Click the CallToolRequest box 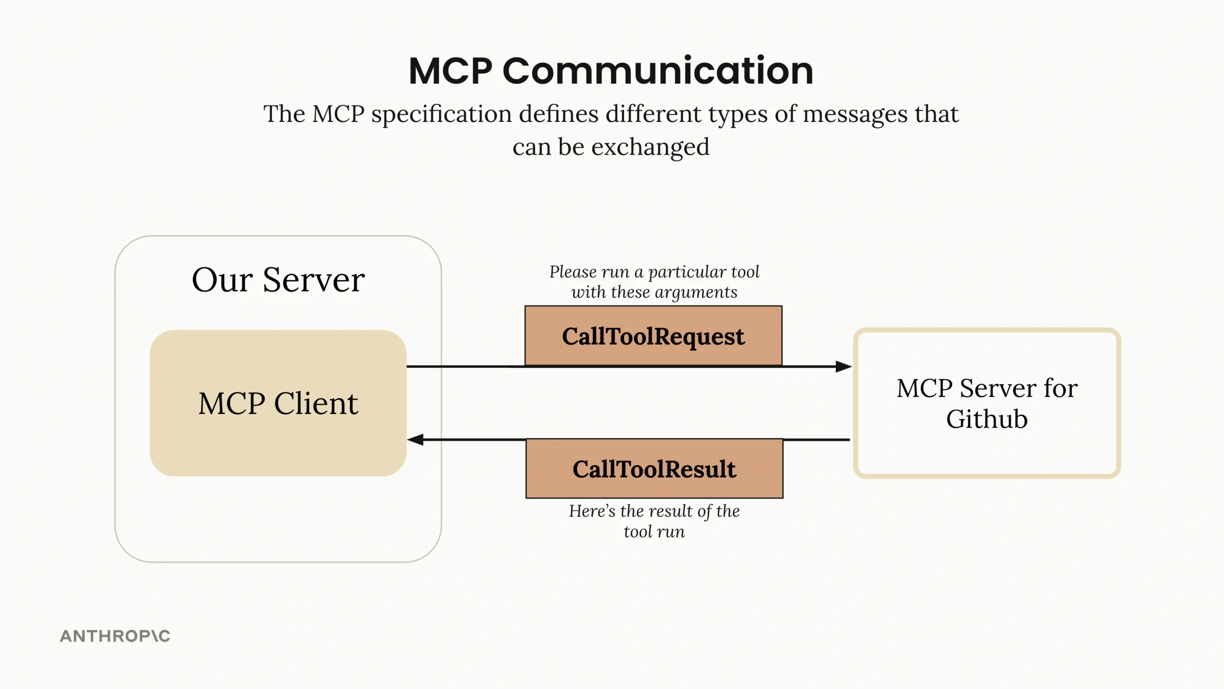point(653,336)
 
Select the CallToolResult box point(654,469)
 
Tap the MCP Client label point(278,403)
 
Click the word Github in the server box point(987,419)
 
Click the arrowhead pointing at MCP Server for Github point(843,366)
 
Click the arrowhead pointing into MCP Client point(415,440)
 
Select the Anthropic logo point(115,636)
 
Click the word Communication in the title point(657,71)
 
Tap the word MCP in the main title point(450,71)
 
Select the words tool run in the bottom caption point(654,531)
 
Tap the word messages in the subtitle point(855,114)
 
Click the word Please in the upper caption point(572,272)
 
